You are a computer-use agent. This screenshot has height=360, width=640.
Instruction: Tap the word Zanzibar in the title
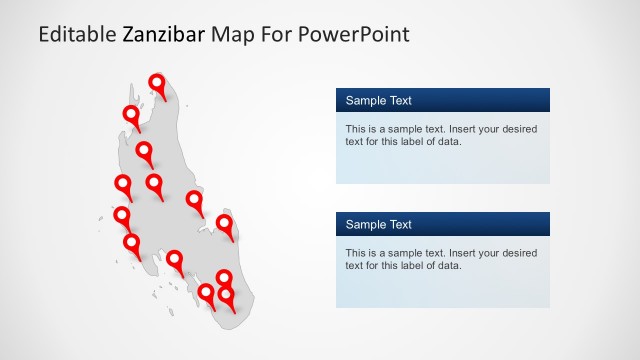coord(164,36)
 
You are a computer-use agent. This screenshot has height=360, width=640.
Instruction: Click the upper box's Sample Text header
coord(379,100)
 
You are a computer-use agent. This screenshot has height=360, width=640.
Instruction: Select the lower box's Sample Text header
coord(379,224)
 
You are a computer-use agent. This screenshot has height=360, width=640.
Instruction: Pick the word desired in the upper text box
coord(517,129)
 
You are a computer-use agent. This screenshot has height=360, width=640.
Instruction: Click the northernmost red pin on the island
coord(157,83)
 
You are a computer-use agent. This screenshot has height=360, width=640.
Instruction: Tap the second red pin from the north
coord(131,114)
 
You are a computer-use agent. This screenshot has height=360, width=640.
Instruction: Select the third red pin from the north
coord(145,151)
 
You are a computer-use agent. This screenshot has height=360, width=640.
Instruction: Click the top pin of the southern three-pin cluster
coord(225,278)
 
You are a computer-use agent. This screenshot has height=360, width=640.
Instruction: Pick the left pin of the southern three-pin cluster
coord(206,293)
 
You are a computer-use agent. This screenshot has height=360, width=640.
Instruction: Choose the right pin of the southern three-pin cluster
coord(227,295)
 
